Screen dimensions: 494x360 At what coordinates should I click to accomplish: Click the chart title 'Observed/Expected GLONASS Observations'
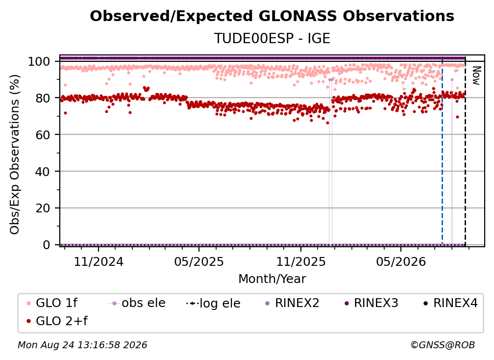point(272,16)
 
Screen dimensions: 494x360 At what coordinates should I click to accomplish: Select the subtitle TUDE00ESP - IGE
point(272,38)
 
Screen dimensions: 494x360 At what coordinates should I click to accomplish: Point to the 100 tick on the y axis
point(39,61)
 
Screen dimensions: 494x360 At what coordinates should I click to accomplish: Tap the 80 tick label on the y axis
point(43,98)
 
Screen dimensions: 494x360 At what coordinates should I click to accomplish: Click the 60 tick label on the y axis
point(43,135)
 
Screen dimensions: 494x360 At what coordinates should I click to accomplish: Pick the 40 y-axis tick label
point(43,172)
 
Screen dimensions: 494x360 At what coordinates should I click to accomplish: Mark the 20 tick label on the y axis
point(43,208)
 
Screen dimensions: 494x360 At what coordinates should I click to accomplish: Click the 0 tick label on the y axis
point(46,245)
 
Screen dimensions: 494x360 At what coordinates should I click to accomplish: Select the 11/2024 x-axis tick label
point(99,261)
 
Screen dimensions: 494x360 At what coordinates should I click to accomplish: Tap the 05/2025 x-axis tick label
point(199,261)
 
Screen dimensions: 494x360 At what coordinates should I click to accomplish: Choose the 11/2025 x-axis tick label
point(301,261)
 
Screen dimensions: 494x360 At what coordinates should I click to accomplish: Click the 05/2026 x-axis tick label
point(401,261)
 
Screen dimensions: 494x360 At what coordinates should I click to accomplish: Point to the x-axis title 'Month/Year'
point(272,279)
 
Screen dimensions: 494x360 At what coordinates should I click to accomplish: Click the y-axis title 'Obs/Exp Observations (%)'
point(15,154)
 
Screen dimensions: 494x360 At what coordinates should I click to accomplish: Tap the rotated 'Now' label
point(476,76)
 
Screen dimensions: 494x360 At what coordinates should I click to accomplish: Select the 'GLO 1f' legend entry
point(52,303)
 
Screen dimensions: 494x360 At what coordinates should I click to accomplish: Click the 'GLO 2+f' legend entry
point(57,321)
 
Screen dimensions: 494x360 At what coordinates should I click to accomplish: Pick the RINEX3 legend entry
point(371,303)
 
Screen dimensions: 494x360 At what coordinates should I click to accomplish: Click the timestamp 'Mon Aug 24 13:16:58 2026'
point(82,345)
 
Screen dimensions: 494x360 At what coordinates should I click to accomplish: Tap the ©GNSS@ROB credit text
point(443,345)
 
